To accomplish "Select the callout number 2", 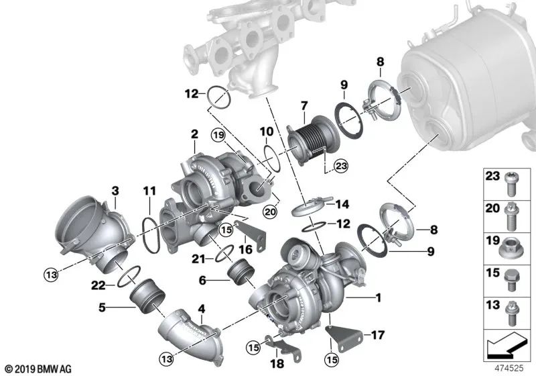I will pos(194,135).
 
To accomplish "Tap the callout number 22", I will pos(98,286).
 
